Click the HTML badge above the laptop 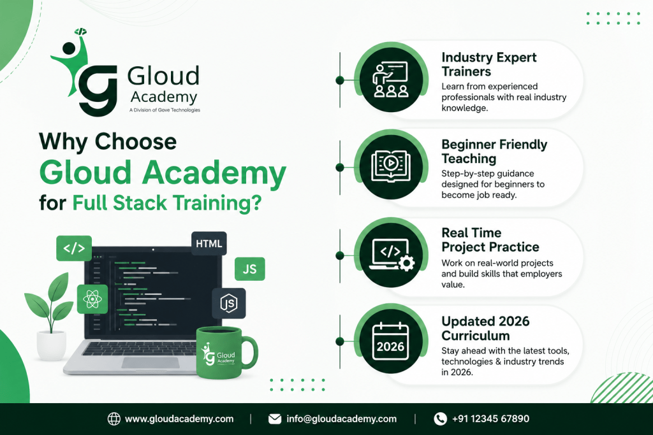click(x=209, y=244)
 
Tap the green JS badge click(x=249, y=269)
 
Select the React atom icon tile click(x=92, y=299)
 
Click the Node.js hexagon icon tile click(x=229, y=303)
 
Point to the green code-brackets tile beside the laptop click(x=74, y=248)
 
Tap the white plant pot click(x=51, y=345)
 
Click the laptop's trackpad click(x=150, y=362)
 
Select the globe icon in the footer click(x=114, y=419)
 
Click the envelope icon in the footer click(x=275, y=419)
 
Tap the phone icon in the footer click(x=440, y=419)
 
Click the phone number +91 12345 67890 click(x=490, y=419)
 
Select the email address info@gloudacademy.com click(x=342, y=419)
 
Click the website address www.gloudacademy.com click(x=179, y=419)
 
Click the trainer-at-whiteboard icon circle click(x=391, y=80)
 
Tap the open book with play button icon click(x=391, y=166)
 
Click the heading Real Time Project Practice click(x=490, y=240)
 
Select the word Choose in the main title click(x=136, y=141)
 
